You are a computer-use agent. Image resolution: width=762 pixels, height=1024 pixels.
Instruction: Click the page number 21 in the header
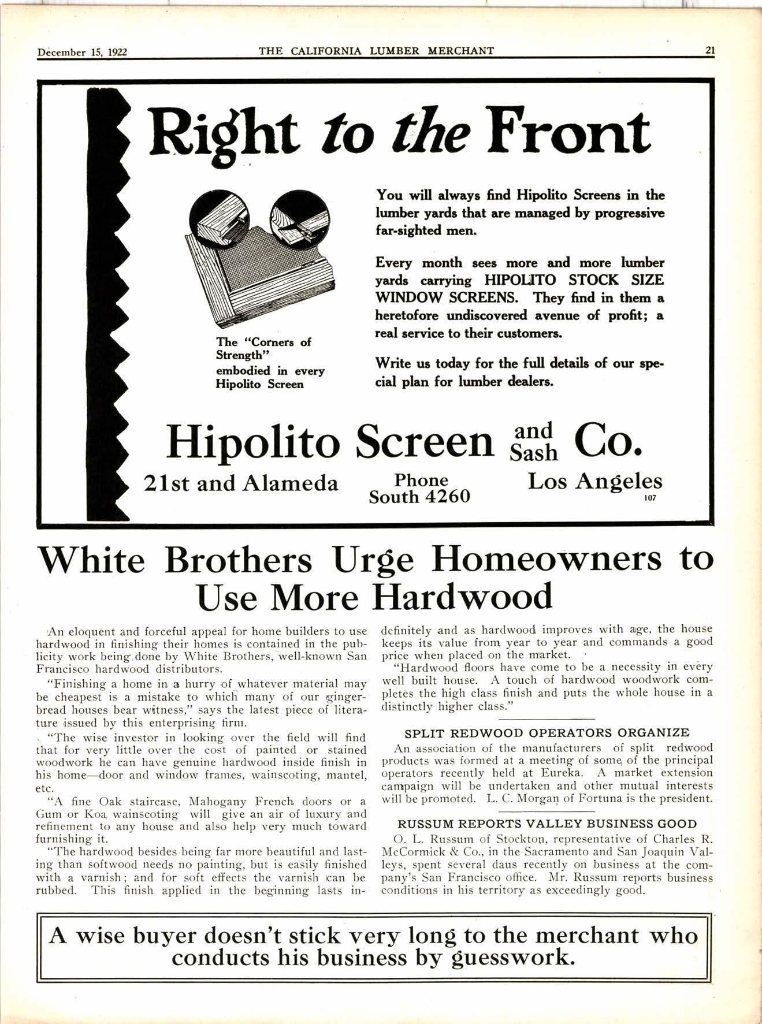710,50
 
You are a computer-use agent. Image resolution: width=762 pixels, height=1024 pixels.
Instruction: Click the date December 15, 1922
82,52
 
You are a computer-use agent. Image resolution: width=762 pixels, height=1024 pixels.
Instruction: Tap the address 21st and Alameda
240,483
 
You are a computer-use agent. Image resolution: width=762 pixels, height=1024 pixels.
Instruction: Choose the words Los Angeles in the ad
595,481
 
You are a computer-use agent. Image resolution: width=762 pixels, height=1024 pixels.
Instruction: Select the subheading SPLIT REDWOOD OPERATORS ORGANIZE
547,733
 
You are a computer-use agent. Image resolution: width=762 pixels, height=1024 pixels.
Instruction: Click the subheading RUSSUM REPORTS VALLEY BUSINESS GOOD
547,824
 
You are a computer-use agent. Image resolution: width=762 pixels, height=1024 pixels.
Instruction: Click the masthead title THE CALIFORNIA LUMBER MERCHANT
376,51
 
